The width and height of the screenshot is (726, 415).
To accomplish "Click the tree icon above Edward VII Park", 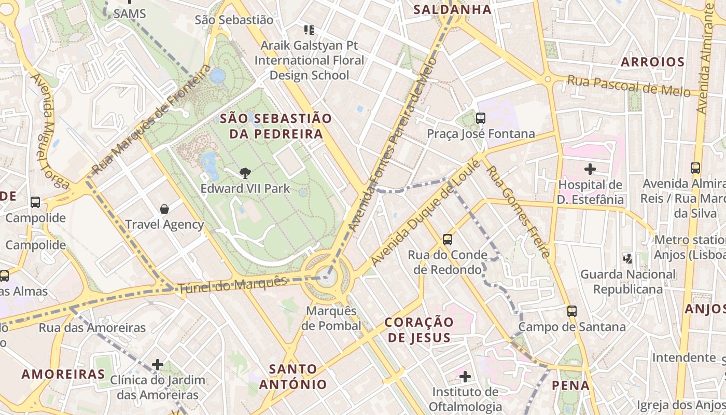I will (x=245, y=173).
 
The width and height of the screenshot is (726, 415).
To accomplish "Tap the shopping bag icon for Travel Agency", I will (x=164, y=209).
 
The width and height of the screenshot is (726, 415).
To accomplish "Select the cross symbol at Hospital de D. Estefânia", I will (x=590, y=169).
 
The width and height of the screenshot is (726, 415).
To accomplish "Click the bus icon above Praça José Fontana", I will (x=481, y=118).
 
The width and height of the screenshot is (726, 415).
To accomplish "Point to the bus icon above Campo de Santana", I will (x=572, y=311).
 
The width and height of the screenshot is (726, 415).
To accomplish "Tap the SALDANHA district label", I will (x=452, y=9).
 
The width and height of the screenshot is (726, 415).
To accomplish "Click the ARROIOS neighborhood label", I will (x=653, y=62).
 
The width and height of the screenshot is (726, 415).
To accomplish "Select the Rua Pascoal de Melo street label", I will (x=629, y=86).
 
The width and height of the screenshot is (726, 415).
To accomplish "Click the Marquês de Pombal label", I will (x=331, y=318).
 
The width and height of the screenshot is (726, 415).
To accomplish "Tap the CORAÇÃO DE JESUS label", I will (x=419, y=329).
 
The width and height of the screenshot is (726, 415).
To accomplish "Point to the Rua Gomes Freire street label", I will (x=518, y=212).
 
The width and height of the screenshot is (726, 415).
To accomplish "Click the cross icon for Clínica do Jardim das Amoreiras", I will (x=158, y=365).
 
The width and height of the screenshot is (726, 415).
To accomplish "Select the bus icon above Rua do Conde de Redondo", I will (x=448, y=240).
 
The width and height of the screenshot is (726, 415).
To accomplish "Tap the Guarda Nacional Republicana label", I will (x=628, y=281).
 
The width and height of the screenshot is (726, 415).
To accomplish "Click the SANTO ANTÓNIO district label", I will (x=293, y=377).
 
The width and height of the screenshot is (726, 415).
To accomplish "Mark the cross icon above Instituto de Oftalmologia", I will (x=465, y=376).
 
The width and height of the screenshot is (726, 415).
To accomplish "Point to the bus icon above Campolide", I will (x=35, y=202).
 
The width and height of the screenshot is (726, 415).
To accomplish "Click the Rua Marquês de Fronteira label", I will (x=151, y=120).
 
